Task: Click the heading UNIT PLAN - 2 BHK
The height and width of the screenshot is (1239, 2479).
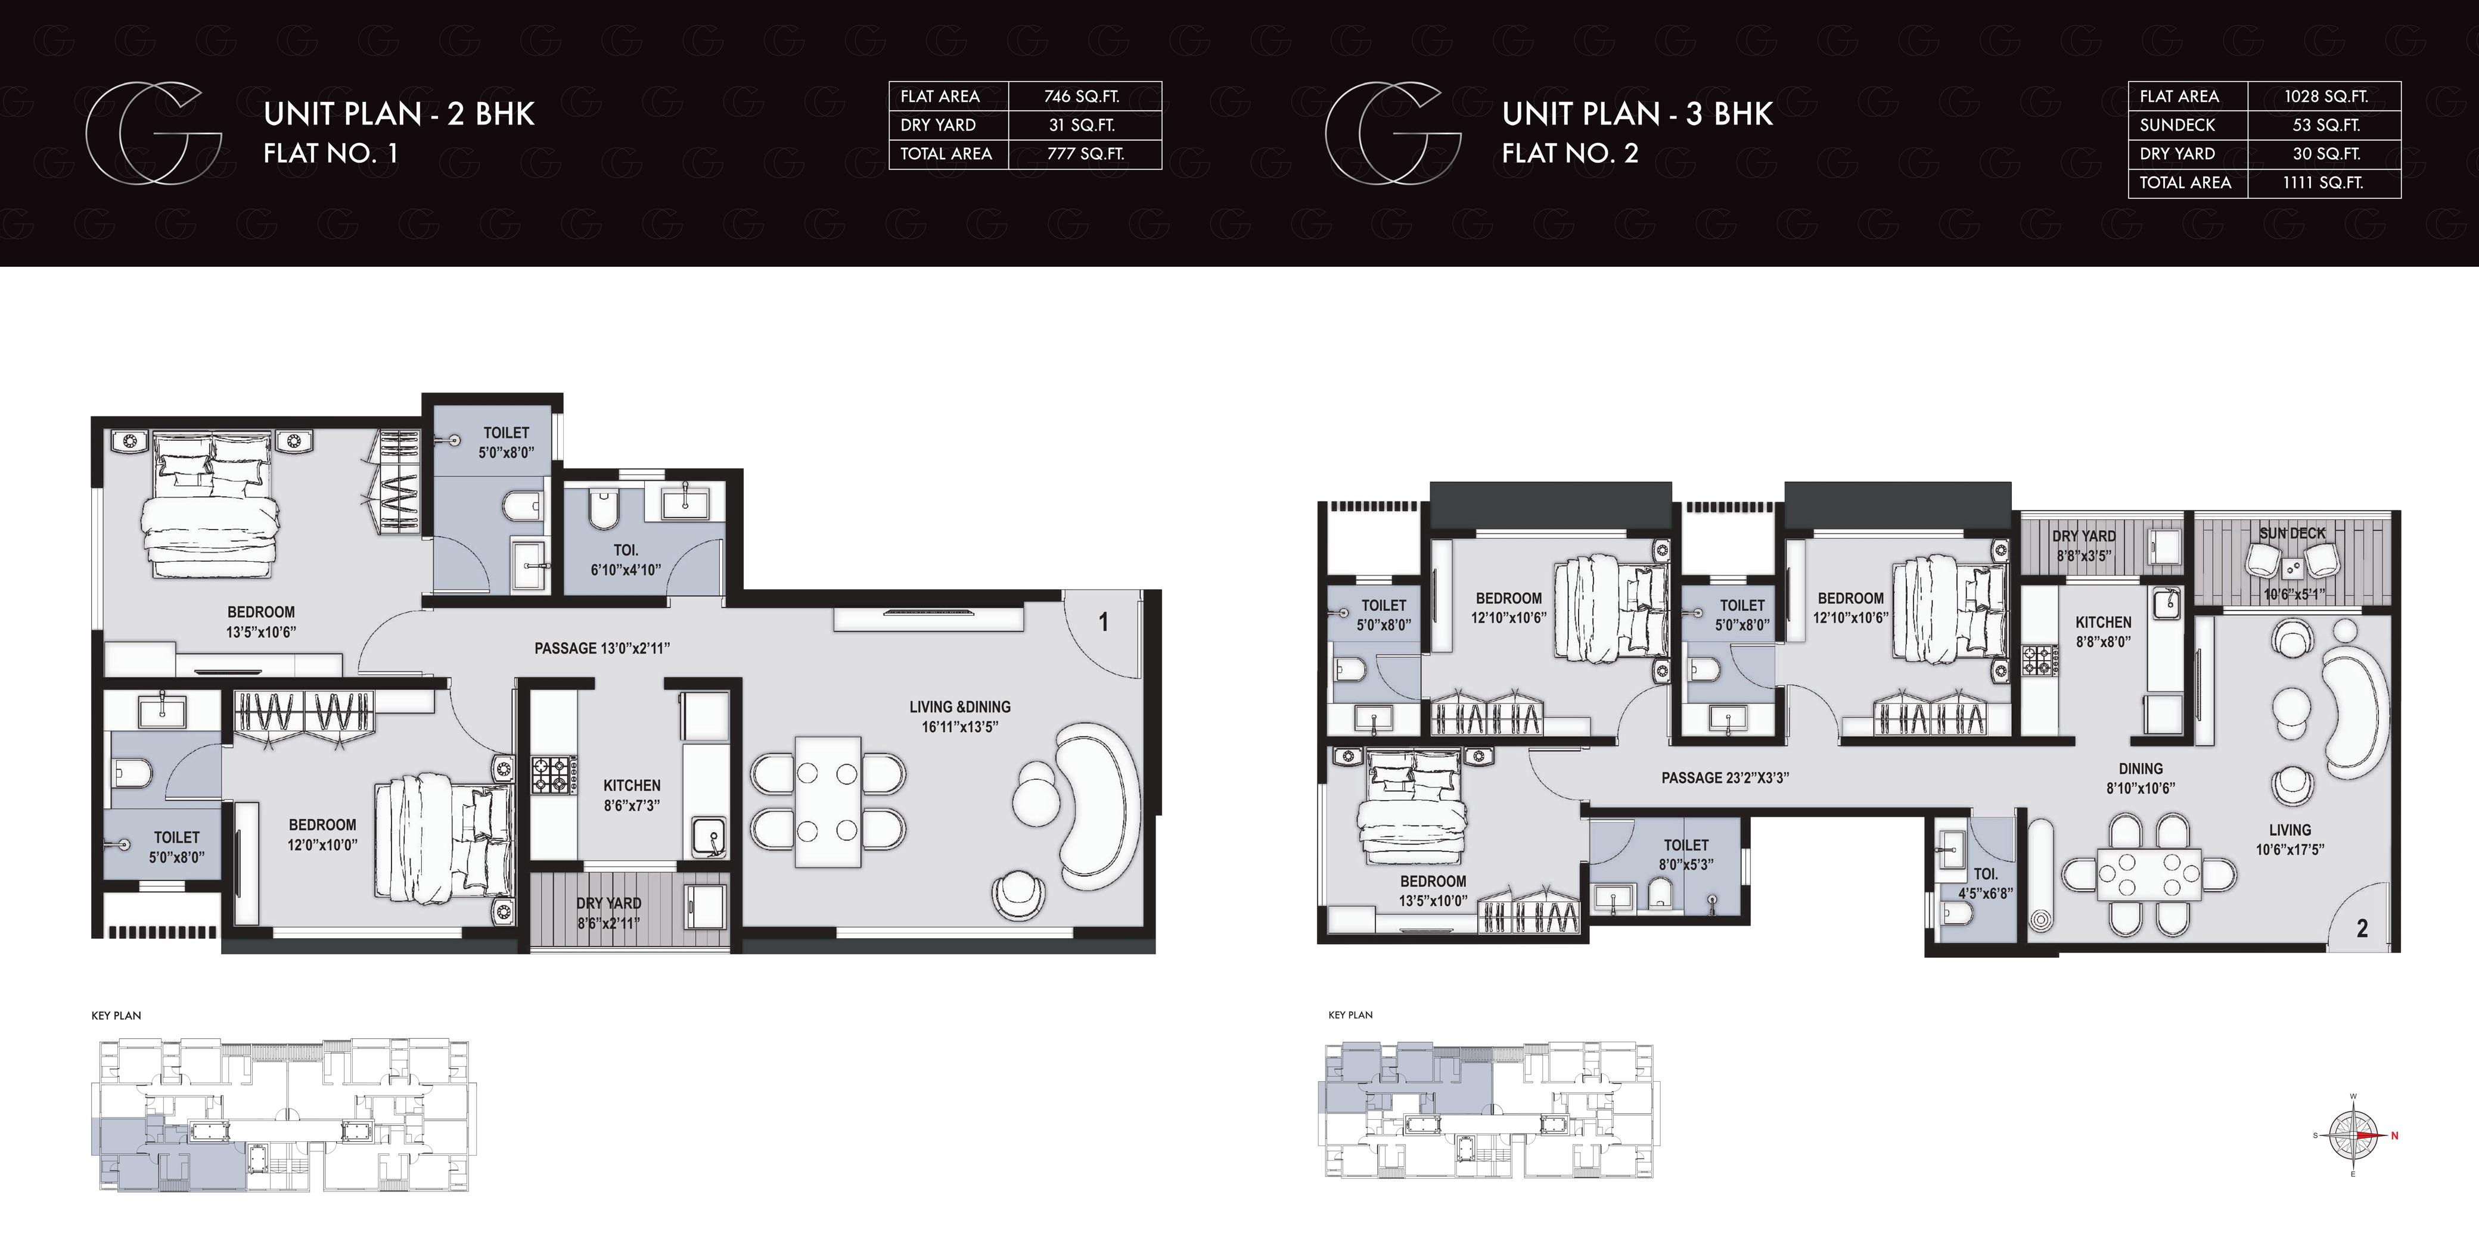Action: pos(399,114)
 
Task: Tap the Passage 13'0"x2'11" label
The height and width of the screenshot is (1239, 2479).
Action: pos(601,648)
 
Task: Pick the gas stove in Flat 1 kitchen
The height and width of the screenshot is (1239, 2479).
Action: pos(554,774)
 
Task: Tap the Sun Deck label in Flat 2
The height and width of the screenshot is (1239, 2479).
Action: pos(2292,533)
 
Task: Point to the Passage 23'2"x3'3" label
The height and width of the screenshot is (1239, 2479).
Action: pos(1725,777)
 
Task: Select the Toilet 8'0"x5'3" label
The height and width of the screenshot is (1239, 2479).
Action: pos(1686,854)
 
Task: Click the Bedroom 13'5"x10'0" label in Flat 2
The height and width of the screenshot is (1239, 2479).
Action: pos(1433,891)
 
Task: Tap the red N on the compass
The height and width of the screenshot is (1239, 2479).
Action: pos(2394,1136)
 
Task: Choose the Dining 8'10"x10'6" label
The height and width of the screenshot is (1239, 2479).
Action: pos(2141,778)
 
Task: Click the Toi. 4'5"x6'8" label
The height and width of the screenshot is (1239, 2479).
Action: pos(1986,883)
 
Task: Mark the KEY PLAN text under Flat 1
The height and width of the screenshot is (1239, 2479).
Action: pos(116,1015)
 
